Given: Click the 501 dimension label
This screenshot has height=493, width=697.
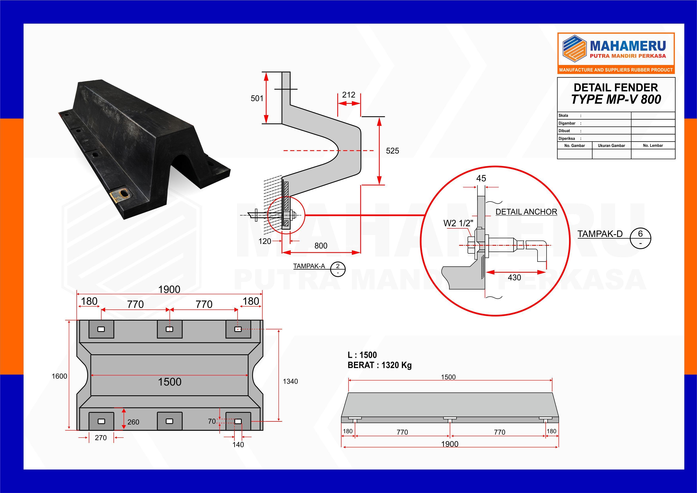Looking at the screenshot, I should [x=257, y=98].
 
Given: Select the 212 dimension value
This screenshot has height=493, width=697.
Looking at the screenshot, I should [x=348, y=95].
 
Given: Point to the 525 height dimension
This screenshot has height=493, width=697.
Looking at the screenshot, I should [x=392, y=151].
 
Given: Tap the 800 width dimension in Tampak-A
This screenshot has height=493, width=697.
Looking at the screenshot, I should [x=321, y=246].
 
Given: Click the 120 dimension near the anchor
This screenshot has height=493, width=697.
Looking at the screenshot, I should [x=264, y=241].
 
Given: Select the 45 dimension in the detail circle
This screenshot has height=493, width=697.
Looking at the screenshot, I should [x=481, y=179].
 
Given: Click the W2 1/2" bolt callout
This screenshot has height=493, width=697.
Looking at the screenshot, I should [x=458, y=223].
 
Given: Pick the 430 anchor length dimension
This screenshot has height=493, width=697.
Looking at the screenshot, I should [x=514, y=277].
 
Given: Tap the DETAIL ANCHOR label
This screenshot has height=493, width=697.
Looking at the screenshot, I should [x=526, y=212].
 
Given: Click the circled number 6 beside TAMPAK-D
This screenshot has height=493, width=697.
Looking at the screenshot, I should [x=640, y=234].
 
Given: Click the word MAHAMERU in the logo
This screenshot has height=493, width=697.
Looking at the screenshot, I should [x=628, y=46].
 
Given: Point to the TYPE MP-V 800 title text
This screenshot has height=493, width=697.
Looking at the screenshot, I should [x=616, y=100].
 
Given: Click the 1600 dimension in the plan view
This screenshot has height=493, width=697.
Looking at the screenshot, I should [x=59, y=376].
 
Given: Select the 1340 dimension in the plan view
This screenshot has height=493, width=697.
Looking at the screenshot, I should [x=290, y=382].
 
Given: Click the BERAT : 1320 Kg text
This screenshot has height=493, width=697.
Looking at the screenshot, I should [x=379, y=365].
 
